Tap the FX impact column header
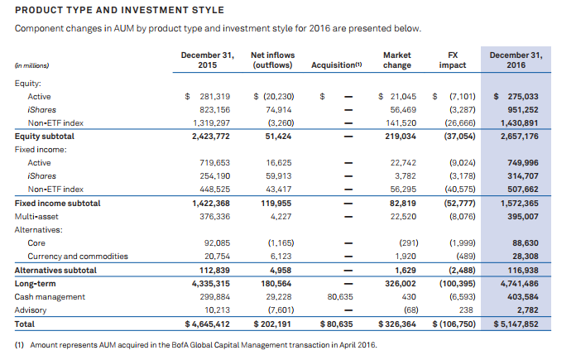(x=453, y=60)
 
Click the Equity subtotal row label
(x=44, y=136)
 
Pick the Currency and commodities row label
(x=70, y=257)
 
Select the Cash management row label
(x=50, y=296)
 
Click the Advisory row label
(x=32, y=310)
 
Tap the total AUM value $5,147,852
(x=516, y=324)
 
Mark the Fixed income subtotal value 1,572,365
(x=520, y=203)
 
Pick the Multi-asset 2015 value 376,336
(x=211, y=216)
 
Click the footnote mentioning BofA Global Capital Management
(x=196, y=344)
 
